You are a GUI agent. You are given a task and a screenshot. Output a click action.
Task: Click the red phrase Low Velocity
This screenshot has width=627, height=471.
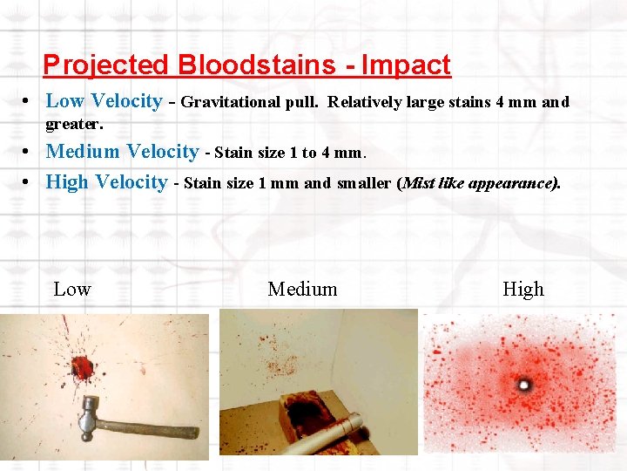pyautogui.click(x=104, y=101)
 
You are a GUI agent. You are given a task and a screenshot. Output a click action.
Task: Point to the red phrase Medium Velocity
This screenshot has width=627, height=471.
pyautogui.click(x=122, y=152)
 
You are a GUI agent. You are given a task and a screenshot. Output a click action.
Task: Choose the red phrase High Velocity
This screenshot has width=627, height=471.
pyautogui.click(x=106, y=182)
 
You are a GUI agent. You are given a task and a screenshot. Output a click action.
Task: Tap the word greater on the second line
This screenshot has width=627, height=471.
pyautogui.click(x=73, y=124)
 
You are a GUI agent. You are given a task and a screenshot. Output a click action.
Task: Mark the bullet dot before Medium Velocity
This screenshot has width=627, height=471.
pyautogui.click(x=30, y=153)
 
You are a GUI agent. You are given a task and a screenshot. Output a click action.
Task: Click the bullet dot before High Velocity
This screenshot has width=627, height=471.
pyautogui.click(x=30, y=183)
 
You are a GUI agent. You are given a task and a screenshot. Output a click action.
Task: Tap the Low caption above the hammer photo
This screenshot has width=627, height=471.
pyautogui.click(x=72, y=290)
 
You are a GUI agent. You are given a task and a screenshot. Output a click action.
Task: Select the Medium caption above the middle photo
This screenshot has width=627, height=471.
pyautogui.click(x=302, y=290)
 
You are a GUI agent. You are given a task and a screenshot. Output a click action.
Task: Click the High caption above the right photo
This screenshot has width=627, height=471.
pyautogui.click(x=522, y=290)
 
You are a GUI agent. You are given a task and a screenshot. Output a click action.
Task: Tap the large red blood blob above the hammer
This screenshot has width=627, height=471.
pyautogui.click(x=83, y=366)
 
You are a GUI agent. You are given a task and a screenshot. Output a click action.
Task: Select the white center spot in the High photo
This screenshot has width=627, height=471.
pyautogui.click(x=524, y=384)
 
